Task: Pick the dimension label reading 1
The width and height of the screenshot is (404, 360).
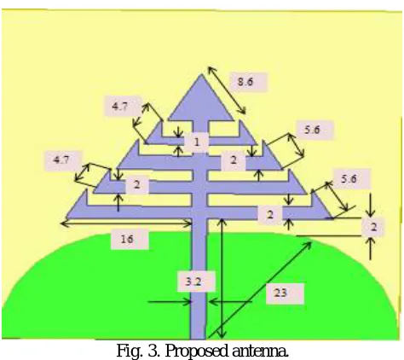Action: pyautogui.click(x=196, y=142)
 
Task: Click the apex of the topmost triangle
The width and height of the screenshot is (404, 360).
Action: pyautogui.click(x=201, y=74)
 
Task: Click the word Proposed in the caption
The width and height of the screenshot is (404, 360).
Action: pyautogui.click(x=196, y=351)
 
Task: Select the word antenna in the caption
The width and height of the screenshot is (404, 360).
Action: pyautogui.click(x=260, y=351)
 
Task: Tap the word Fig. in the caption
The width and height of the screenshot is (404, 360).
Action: pyautogui.click(x=130, y=351)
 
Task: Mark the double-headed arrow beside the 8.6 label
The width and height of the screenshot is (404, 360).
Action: pyautogui.click(x=227, y=90)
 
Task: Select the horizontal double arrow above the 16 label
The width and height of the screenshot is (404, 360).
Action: pyautogui.click(x=126, y=224)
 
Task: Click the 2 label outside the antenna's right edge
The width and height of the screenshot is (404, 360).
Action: pyautogui.click(x=373, y=227)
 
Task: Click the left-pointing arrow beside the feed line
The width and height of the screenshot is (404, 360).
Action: pyautogui.click(x=230, y=301)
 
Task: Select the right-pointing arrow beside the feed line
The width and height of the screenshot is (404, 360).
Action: pyautogui.click(x=170, y=301)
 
